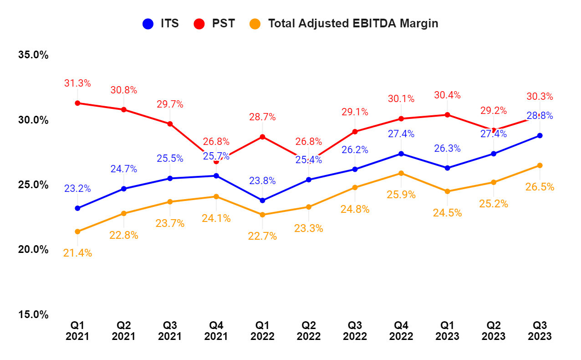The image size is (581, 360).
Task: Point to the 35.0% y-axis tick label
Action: coord(33,55)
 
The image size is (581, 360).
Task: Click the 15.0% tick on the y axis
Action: coord(33,315)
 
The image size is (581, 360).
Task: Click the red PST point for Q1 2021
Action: coord(77,103)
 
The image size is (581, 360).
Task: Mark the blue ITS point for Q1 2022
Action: coord(262,201)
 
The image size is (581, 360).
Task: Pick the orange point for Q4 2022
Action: coord(401,173)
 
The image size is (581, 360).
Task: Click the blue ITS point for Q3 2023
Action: coord(540,135)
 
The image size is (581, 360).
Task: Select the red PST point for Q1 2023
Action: coord(447,115)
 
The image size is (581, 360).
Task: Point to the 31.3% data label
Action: coord(77,83)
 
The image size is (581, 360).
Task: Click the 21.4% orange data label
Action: coord(77,253)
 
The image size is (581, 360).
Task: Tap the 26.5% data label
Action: coord(540,187)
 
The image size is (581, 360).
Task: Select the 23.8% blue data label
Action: coord(262,181)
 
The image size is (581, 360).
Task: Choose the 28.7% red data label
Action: coord(262,117)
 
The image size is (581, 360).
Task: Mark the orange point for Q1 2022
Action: coord(262,215)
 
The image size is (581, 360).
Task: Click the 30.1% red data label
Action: coord(401,99)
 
